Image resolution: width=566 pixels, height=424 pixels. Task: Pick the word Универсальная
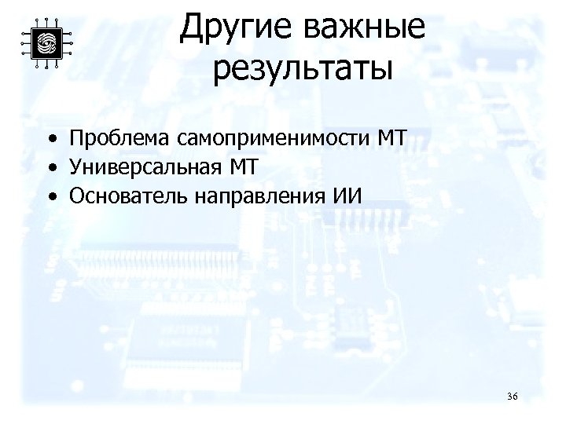(146, 168)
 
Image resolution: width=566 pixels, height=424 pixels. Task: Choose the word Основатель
(126, 196)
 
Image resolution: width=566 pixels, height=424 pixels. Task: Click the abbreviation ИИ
(344, 196)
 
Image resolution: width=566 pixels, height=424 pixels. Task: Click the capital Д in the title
(191, 30)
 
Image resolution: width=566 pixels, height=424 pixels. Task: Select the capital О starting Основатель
(77, 196)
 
